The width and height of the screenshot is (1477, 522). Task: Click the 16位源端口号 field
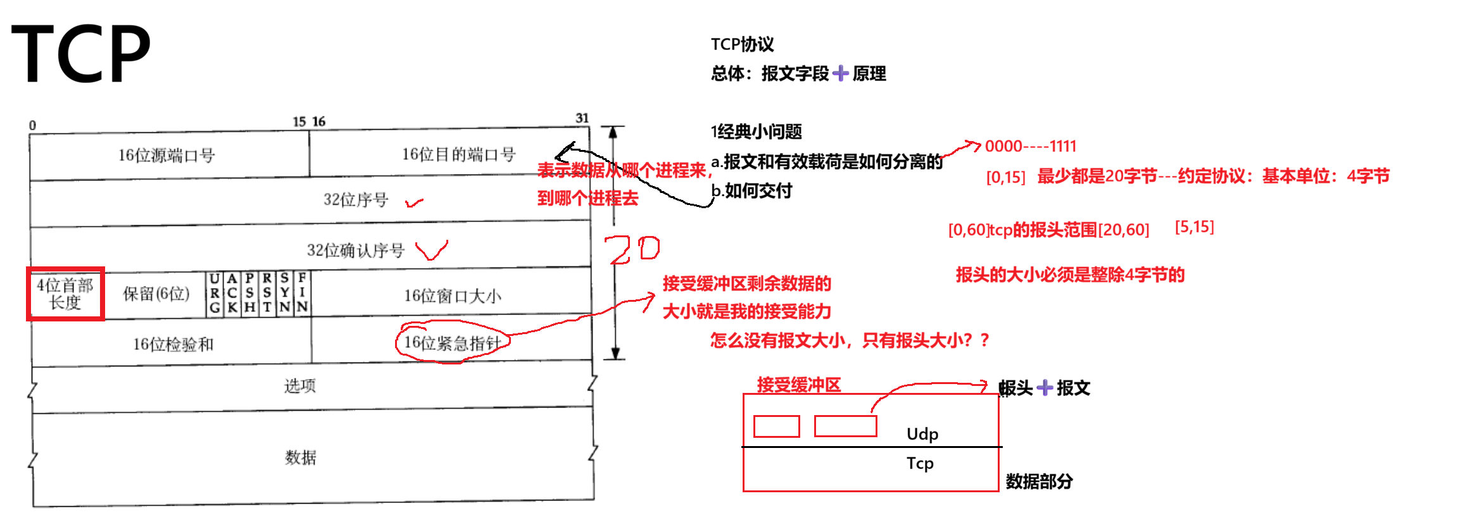click(167, 155)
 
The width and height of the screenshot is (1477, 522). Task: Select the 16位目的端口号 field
click(458, 154)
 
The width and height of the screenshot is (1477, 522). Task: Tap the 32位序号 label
click(355, 200)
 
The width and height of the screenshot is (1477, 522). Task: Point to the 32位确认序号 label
click(355, 251)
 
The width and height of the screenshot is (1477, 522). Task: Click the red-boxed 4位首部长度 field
click(65, 294)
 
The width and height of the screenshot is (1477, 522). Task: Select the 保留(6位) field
click(156, 294)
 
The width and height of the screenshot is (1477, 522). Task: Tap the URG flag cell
click(215, 293)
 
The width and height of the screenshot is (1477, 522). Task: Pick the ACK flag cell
click(232, 293)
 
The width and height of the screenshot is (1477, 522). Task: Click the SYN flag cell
click(285, 293)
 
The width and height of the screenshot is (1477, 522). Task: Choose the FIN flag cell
click(302, 293)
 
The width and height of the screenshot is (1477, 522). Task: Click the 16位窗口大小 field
click(452, 295)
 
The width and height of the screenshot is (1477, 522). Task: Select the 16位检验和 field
click(173, 344)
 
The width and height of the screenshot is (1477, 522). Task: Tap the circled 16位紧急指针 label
click(452, 343)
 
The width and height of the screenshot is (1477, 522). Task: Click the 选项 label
click(299, 385)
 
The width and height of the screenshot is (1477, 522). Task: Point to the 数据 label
click(300, 457)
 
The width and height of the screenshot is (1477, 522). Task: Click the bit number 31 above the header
click(582, 118)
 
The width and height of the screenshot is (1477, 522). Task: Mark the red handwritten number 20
click(631, 249)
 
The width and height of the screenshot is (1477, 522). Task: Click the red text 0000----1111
click(1030, 146)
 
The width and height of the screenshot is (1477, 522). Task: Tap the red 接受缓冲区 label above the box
click(799, 384)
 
